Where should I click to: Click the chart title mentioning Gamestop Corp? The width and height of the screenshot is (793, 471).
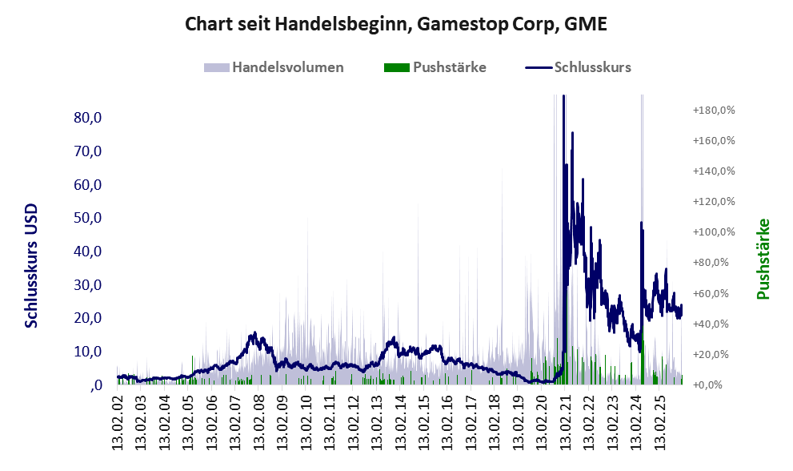pyautogui.click(x=396, y=25)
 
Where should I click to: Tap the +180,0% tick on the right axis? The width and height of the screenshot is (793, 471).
pyautogui.click(x=714, y=110)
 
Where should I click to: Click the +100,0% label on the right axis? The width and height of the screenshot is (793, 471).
pyautogui.click(x=714, y=232)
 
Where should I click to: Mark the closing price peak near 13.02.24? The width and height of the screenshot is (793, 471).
pyautogui.click(x=641, y=223)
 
